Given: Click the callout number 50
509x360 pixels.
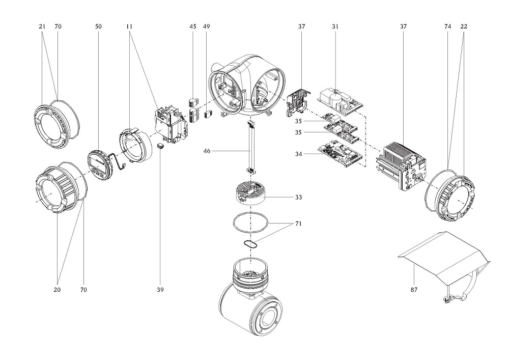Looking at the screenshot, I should point(98,26).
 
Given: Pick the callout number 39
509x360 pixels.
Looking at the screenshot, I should point(160,290).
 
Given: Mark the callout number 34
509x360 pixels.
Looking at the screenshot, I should point(299,153).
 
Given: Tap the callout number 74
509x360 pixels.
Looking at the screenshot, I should point(447,26).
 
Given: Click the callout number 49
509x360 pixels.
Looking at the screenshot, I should point(206,26).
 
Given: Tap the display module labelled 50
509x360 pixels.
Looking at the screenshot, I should point(98,165).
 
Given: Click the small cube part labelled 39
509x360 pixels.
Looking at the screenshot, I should point(160,146).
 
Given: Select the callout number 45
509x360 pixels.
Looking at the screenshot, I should point(192,26).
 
